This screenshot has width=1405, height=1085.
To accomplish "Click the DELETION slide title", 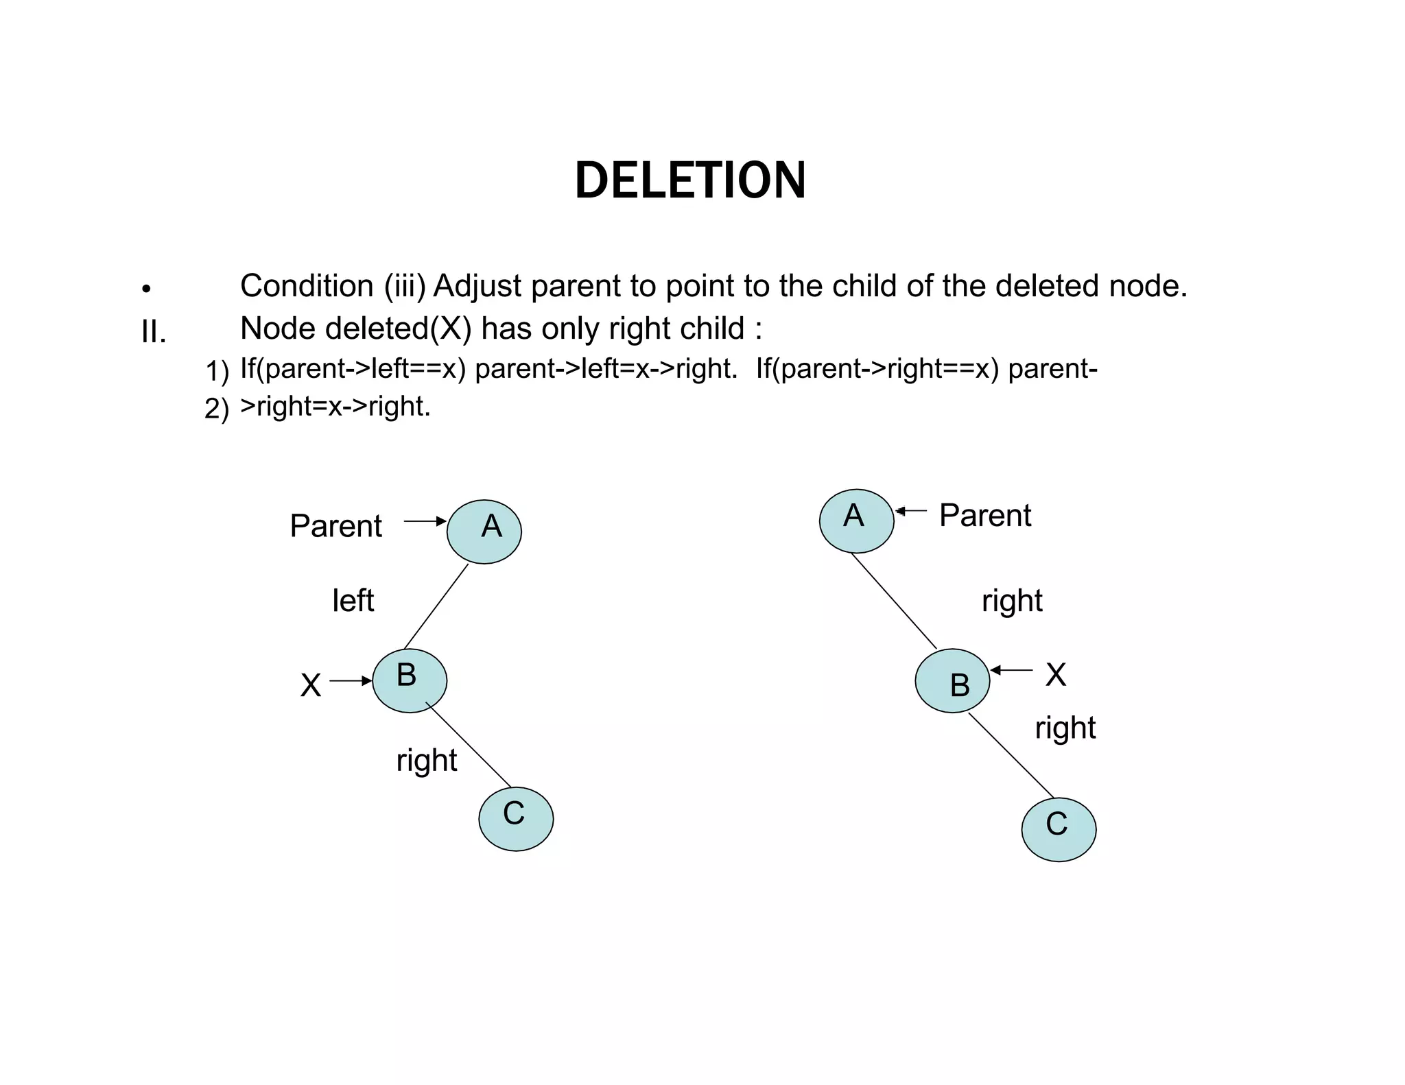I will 690,180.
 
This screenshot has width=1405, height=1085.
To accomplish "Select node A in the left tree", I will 484,532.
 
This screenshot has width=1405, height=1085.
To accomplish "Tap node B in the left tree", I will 410,680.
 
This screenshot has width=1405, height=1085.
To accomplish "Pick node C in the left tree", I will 516,818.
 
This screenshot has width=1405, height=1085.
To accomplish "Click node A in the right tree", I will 856,521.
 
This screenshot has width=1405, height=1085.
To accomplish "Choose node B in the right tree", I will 952,680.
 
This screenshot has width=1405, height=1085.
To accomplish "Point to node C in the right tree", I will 1059,829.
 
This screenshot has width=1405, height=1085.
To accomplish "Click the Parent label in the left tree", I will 335,526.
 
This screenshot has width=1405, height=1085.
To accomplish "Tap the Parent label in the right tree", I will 984,515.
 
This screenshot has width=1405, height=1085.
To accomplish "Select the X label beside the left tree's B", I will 311,685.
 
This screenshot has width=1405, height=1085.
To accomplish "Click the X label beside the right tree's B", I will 1056,674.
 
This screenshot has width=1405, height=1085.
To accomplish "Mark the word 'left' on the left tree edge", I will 353,601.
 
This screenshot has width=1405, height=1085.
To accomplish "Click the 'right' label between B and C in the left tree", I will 426,760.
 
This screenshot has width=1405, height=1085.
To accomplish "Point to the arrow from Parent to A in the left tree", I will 425,521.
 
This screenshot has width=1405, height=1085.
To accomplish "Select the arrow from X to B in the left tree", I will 351,681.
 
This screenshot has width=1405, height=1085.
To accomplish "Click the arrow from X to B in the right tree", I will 1012,670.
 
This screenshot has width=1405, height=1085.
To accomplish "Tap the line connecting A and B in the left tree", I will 436,606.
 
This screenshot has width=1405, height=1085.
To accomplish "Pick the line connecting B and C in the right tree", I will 1011,755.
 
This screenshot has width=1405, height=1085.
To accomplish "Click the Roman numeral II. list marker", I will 154,333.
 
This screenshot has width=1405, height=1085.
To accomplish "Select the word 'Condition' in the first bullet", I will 307,286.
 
